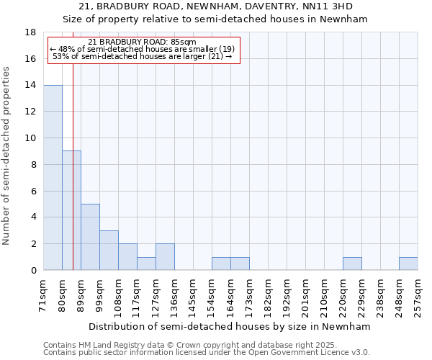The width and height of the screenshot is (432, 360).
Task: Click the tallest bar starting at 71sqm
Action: point(53,178)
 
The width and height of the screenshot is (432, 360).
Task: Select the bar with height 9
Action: point(71,210)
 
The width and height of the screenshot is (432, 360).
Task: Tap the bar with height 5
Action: point(90,237)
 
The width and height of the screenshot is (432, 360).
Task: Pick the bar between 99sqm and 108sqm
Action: point(109,251)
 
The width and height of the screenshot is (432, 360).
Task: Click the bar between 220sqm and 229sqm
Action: point(352,264)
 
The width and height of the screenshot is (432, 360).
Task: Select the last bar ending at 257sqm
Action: point(408,264)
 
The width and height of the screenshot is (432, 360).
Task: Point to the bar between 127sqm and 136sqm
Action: point(165,257)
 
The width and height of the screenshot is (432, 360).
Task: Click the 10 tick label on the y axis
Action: point(31,138)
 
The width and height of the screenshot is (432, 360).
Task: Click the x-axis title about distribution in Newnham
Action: point(230,326)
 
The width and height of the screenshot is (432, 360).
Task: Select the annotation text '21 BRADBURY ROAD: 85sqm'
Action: point(142,42)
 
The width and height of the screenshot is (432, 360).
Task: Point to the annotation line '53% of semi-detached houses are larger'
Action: point(142,56)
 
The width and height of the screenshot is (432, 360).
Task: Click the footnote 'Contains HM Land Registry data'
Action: point(108,345)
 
